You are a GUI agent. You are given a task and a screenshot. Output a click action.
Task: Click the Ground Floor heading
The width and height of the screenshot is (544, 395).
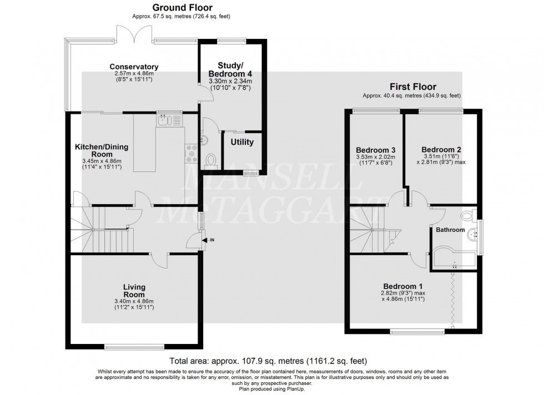(x=182, y=7)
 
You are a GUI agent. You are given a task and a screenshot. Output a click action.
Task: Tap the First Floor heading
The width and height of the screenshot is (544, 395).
(x=413, y=87)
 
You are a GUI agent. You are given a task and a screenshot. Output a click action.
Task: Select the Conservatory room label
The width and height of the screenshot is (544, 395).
(x=134, y=67)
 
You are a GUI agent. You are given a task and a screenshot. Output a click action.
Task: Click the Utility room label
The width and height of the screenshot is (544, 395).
(x=242, y=142)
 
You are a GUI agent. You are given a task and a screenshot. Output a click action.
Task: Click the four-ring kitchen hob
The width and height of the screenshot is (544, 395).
(x=191, y=153)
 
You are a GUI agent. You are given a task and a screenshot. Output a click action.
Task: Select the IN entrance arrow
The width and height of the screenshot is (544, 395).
(x=207, y=240)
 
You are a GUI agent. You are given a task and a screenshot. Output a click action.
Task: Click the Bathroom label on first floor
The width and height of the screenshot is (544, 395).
(x=450, y=230)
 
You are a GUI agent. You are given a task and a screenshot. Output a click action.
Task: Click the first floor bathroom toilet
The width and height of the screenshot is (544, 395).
(x=469, y=215)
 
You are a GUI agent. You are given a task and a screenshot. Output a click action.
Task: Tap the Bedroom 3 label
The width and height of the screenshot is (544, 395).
(x=376, y=150)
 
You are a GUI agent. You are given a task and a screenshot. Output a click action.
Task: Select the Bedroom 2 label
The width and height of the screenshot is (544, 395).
(x=441, y=150)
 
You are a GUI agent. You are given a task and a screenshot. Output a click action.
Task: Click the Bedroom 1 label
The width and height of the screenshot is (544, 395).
(x=403, y=286)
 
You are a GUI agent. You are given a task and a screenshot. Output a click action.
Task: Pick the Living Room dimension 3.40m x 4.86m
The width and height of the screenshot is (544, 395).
(x=134, y=301)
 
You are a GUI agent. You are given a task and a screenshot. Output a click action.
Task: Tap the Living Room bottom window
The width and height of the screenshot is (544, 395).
(x=134, y=346)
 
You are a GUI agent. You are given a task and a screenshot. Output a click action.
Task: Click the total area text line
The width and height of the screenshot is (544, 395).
(x=268, y=361)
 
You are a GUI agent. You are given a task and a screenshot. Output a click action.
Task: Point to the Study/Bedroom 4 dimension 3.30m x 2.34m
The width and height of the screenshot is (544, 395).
(x=230, y=81)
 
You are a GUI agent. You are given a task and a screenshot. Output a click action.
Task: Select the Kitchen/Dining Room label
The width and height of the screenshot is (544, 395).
(x=102, y=150)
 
